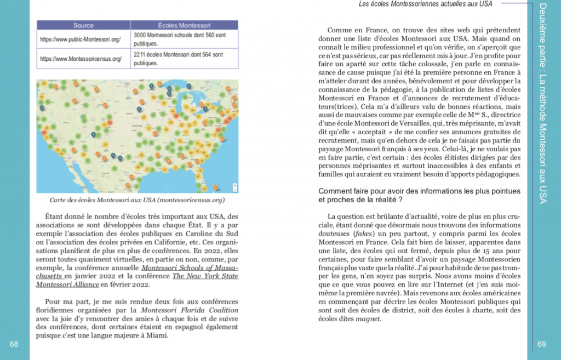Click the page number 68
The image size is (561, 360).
[14, 344]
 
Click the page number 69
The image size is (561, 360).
[542, 344]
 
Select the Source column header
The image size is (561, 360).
[83, 25]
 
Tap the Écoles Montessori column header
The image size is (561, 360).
[184, 25]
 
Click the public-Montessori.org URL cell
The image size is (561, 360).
[81, 39]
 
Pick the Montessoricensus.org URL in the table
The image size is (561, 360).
[81, 58]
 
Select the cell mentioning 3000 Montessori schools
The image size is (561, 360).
[184, 39]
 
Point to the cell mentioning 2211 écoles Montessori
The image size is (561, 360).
[184, 58]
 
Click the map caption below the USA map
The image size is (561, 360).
[137, 201]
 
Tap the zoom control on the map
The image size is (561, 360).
[232, 184]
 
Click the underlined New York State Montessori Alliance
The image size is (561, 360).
[205, 276]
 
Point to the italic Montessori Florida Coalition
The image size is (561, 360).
[178, 310]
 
